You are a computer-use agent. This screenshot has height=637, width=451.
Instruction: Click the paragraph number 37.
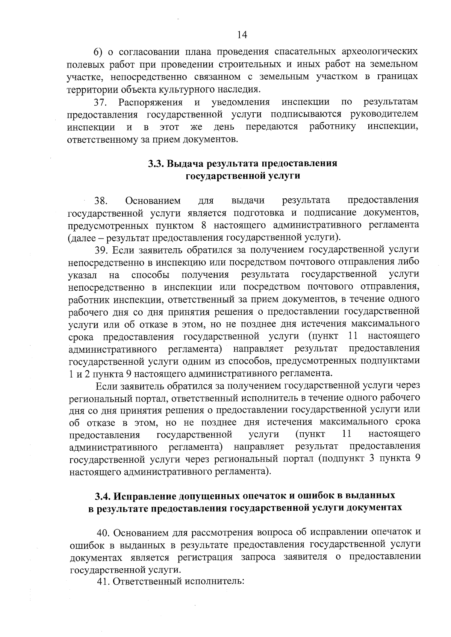(x=101, y=103)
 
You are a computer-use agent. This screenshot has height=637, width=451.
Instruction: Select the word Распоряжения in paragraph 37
(x=151, y=103)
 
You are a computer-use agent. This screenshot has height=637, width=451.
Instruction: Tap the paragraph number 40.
(x=104, y=533)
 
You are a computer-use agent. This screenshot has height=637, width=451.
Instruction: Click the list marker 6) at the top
(x=98, y=51)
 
